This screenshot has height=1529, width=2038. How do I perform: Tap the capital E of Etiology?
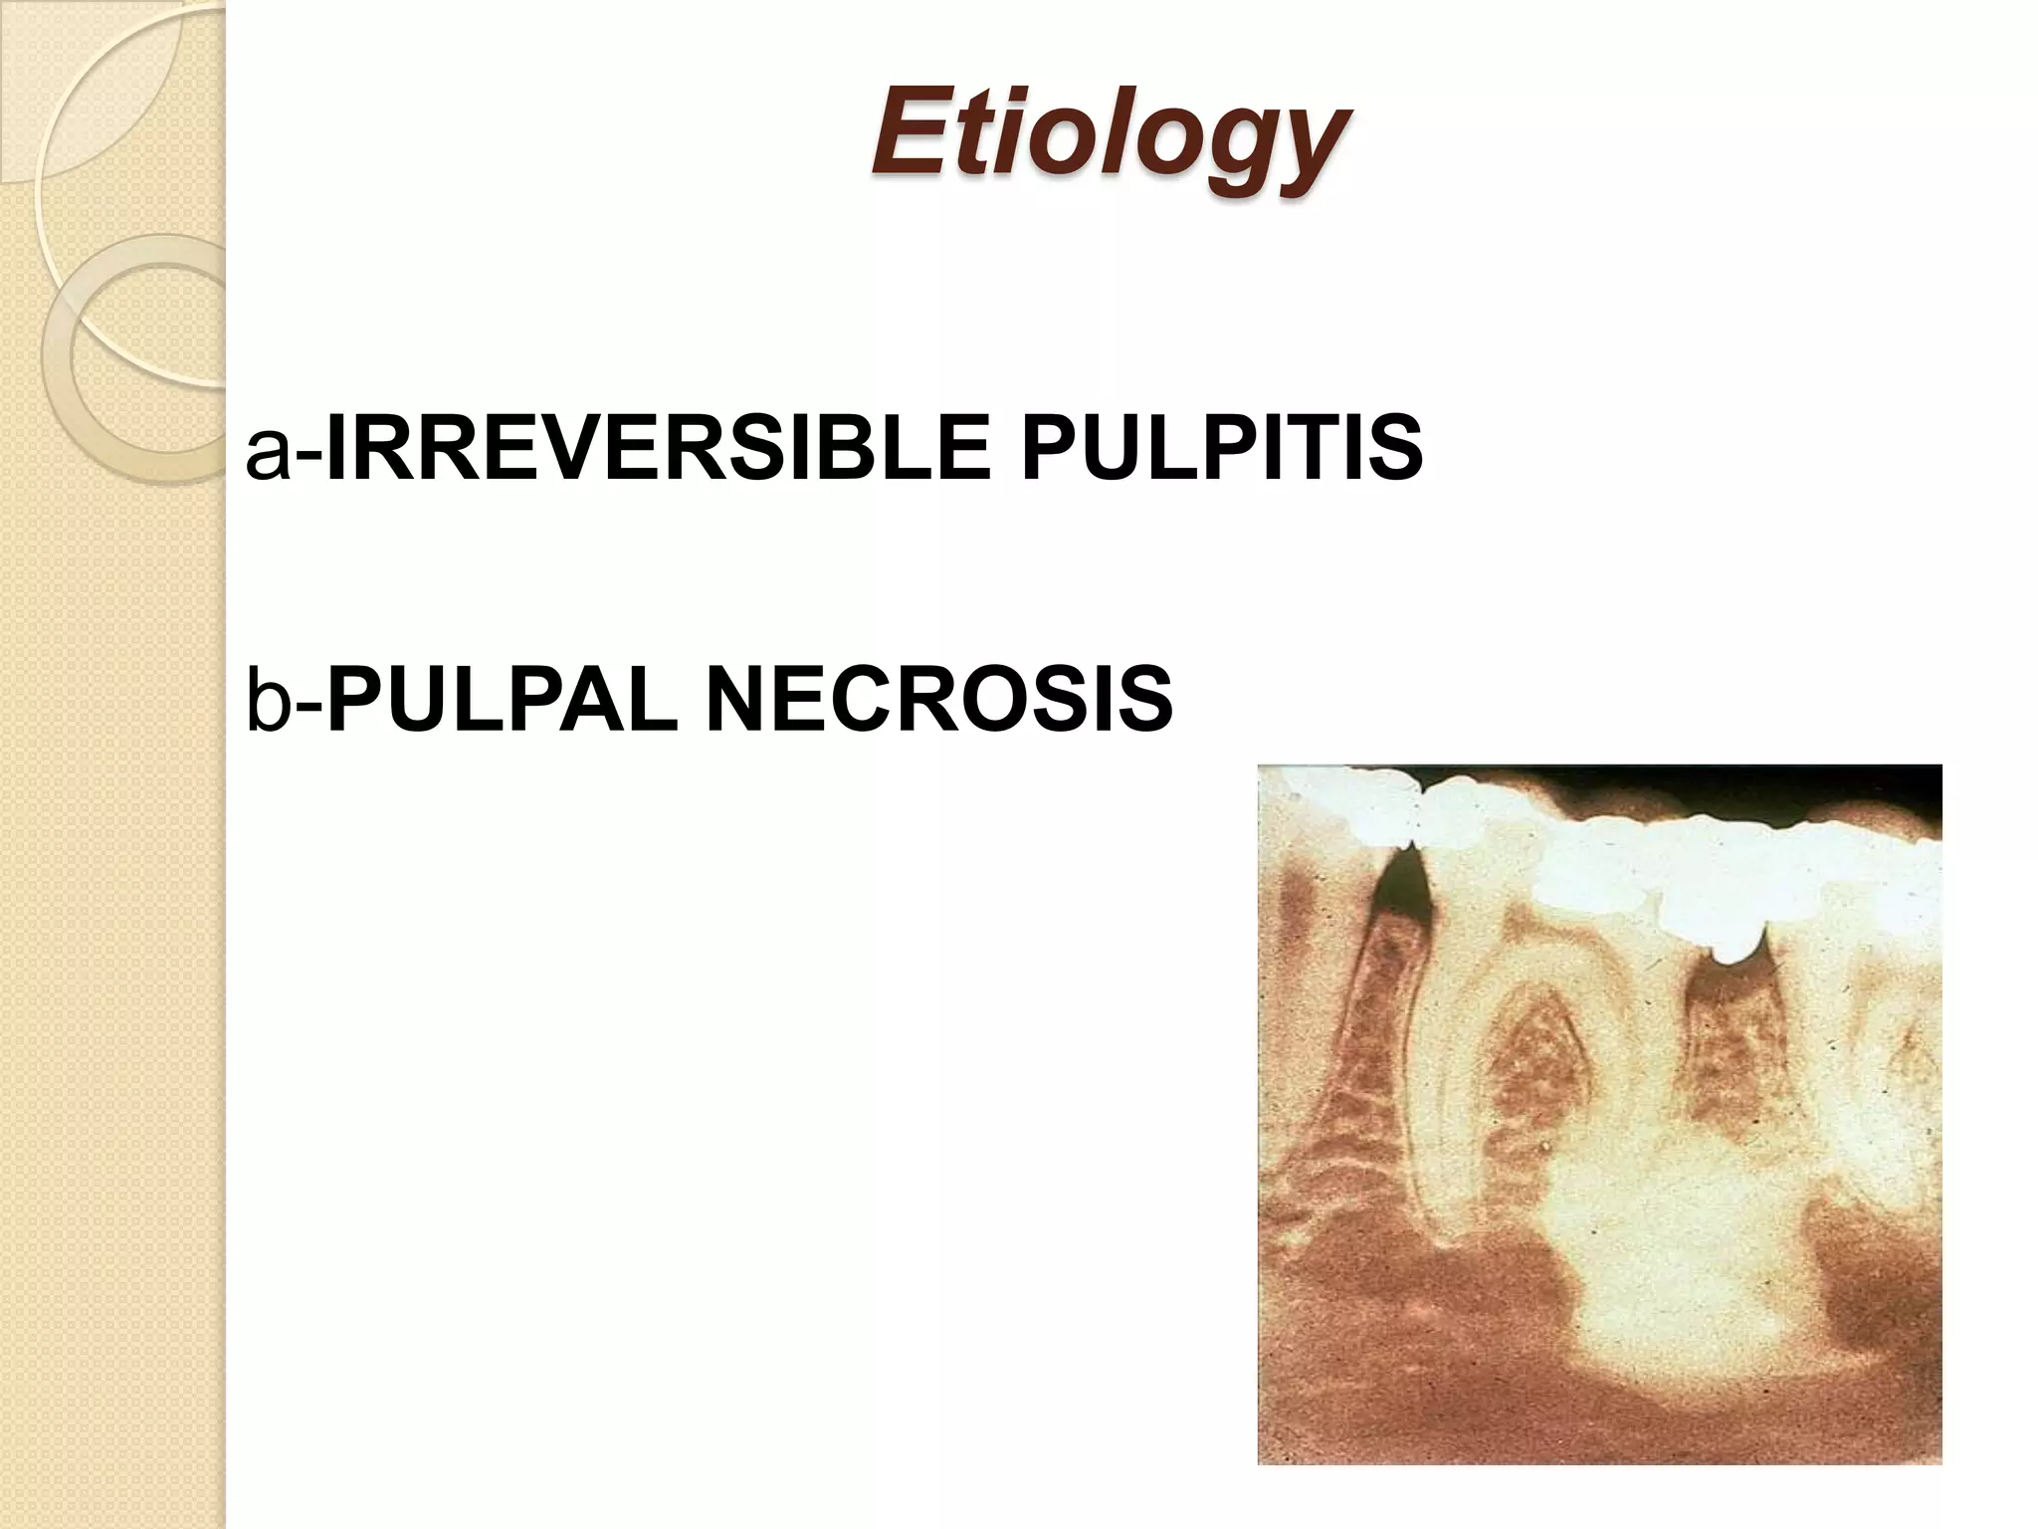[906, 131]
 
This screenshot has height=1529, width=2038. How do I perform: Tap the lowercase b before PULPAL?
[267, 699]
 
